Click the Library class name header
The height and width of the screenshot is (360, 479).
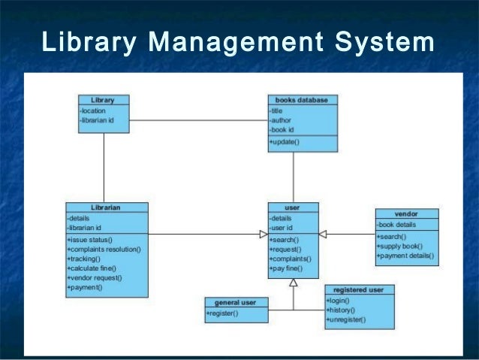click(104, 100)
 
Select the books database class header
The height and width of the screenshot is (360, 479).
click(303, 100)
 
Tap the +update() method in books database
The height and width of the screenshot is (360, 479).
click(284, 142)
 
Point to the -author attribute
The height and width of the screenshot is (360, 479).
click(282, 119)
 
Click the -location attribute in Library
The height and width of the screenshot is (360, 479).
click(93, 110)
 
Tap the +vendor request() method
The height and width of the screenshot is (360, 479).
click(95, 278)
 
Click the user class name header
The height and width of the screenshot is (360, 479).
click(293, 207)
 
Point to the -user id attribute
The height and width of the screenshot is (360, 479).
click(282, 228)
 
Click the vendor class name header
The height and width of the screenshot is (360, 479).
click(406, 214)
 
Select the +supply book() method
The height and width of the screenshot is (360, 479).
click(399, 247)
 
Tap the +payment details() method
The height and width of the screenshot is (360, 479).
click(405, 256)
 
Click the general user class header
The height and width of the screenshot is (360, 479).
click(236, 302)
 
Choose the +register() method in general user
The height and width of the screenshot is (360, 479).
click(222, 313)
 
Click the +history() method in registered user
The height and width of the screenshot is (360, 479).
click(342, 310)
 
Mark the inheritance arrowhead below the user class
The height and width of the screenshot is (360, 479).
click(294, 283)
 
